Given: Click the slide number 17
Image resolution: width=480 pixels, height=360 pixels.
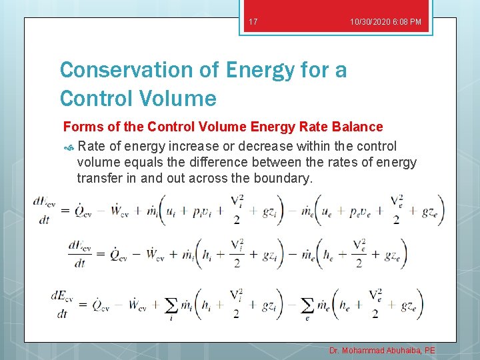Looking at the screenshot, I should (253, 22).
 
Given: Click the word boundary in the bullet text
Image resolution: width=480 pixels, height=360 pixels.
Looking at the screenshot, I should (286, 178).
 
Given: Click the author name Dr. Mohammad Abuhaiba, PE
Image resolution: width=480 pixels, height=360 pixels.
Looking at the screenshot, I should (382, 350).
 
